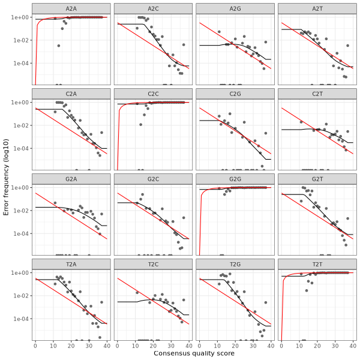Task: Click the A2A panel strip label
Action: [71, 8]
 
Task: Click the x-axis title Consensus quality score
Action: [194, 354]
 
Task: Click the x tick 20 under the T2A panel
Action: [71, 345]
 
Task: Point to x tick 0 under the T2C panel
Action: [118, 345]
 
